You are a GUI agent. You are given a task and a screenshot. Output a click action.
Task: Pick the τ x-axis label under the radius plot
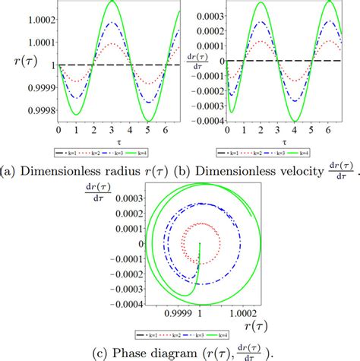point(116,141)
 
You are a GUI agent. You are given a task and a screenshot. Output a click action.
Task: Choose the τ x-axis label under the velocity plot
point(284,141)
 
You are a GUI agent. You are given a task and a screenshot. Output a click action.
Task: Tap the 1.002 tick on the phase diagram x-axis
point(238,312)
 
